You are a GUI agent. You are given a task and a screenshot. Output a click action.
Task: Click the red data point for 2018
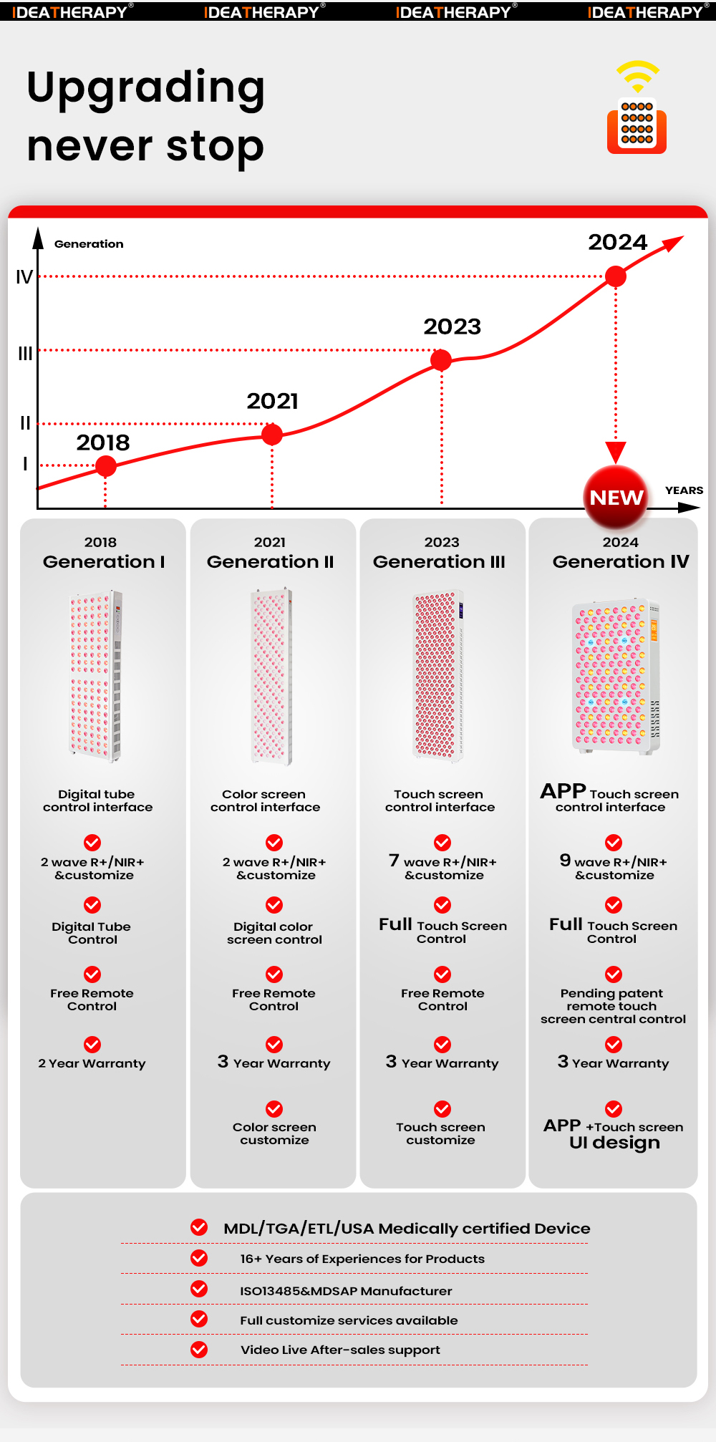click(x=106, y=466)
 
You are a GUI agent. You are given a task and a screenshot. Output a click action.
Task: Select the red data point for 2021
click(x=272, y=434)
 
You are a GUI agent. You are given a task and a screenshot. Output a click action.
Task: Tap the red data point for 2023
click(x=441, y=360)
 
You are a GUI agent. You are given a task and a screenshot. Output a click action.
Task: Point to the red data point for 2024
click(x=616, y=276)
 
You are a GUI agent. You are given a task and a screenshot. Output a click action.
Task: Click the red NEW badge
click(x=616, y=497)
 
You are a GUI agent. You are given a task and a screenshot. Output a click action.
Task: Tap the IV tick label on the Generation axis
click(x=24, y=277)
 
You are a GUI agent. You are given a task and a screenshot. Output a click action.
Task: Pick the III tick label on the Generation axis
click(x=25, y=353)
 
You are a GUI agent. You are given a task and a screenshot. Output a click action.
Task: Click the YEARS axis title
click(x=684, y=490)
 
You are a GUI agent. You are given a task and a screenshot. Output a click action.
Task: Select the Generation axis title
click(x=89, y=244)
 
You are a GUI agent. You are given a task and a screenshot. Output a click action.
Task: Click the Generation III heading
click(x=439, y=562)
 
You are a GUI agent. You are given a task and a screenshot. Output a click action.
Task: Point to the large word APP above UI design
click(x=562, y=1126)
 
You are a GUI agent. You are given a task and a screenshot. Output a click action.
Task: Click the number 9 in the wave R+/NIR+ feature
click(x=565, y=860)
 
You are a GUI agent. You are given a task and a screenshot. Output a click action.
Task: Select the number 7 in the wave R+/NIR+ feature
click(x=394, y=860)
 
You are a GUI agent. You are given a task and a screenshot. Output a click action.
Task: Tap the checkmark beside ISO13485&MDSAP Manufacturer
click(x=199, y=1289)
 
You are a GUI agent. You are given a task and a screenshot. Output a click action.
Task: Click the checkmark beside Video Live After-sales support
click(x=199, y=1350)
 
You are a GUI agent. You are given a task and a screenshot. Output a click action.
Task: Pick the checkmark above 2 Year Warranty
click(x=92, y=1045)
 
